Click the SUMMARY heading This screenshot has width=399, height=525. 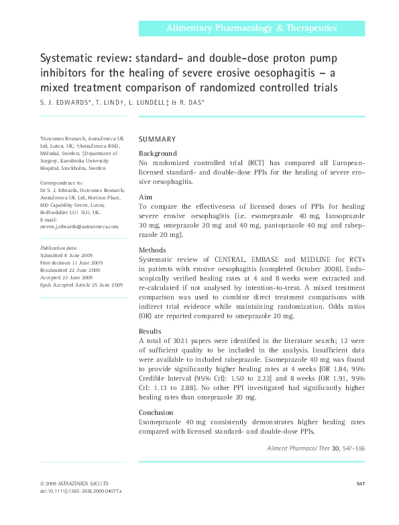tap(157, 139)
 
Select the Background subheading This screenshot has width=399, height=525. tap(158, 154)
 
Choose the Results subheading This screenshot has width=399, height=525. tap(150, 331)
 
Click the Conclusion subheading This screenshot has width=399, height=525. tap(156, 412)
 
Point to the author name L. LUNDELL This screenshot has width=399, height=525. tap(147, 102)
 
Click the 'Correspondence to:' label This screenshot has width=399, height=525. tap(62, 183)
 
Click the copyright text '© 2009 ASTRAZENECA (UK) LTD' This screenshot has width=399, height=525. tap(73, 483)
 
